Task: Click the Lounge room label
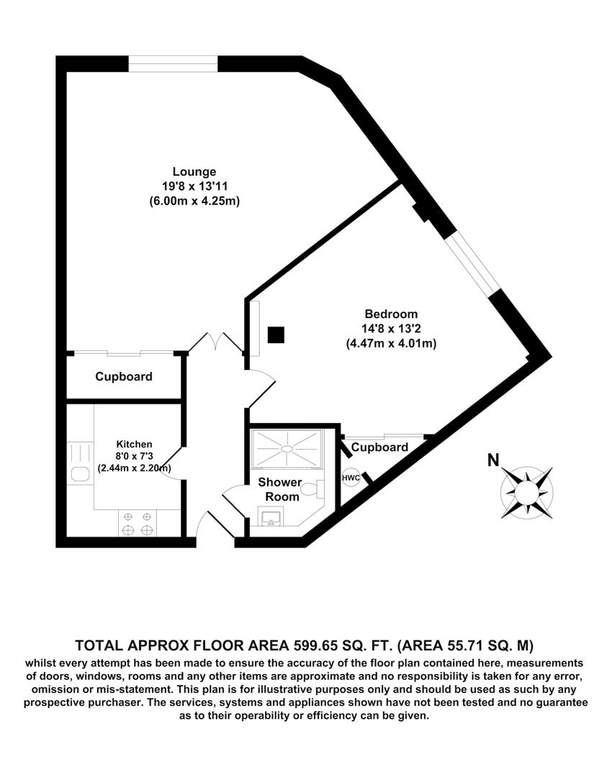[194, 172]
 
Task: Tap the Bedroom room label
[391, 314]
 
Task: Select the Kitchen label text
[135, 444]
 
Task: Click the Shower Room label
[279, 489]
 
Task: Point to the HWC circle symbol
[351, 478]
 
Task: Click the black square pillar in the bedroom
[276, 335]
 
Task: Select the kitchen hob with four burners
[138, 523]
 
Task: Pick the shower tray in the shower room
[287, 450]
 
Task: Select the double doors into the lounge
[217, 343]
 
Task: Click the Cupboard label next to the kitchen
[124, 376]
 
